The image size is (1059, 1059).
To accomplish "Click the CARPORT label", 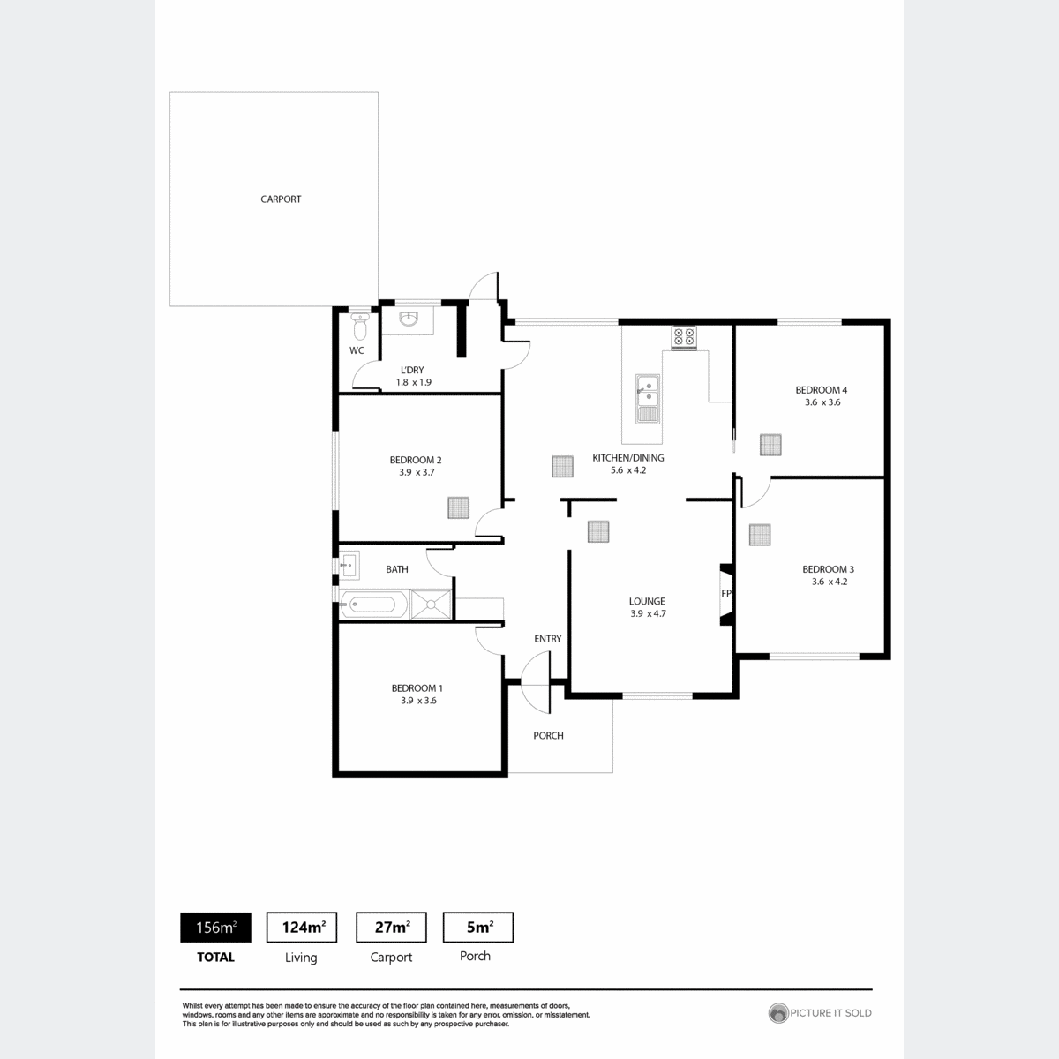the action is click(x=281, y=199).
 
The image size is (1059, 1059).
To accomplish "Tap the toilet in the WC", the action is click(x=359, y=327).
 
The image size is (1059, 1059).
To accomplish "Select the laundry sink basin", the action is click(x=409, y=319).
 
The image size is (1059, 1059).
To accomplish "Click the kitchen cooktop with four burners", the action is click(x=684, y=337).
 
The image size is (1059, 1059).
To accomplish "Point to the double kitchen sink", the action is click(x=648, y=398).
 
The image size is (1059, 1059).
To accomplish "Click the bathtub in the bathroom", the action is click(x=373, y=605).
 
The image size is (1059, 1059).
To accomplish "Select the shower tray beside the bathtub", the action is click(x=431, y=605).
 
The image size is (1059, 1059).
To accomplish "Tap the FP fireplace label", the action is click(x=726, y=594).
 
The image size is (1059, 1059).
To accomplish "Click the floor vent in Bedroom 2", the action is click(x=458, y=507).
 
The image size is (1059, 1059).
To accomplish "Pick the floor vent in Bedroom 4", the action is click(x=770, y=445).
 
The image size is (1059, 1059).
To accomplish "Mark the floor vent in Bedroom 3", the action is click(x=760, y=535).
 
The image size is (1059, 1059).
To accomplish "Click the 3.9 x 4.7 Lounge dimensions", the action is click(x=648, y=613).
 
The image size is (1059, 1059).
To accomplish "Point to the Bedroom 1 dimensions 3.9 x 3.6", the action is click(x=418, y=700).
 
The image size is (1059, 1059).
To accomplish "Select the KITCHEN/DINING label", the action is click(x=628, y=458).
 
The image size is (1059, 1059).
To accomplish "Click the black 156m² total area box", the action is click(x=215, y=928).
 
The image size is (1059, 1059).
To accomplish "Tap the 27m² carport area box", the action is click(x=391, y=928).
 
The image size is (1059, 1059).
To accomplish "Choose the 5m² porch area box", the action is click(x=478, y=928).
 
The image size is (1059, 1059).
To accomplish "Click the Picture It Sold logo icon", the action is click(x=778, y=1013).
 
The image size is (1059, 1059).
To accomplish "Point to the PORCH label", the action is click(x=548, y=735).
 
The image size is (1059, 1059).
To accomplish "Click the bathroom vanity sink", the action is click(x=349, y=565).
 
